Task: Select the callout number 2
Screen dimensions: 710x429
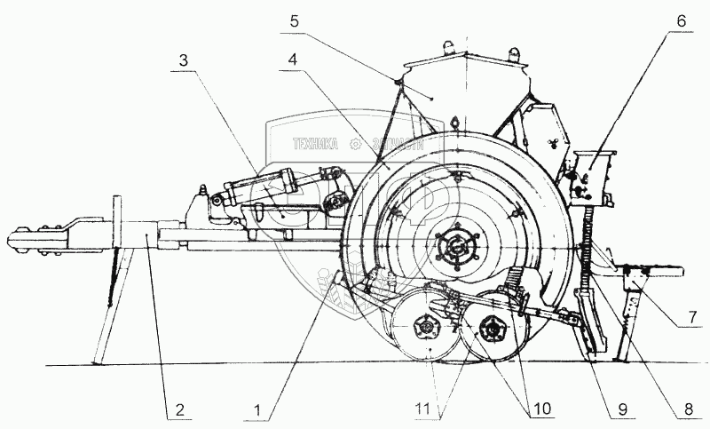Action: point(179,410)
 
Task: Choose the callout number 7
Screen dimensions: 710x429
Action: point(695,314)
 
